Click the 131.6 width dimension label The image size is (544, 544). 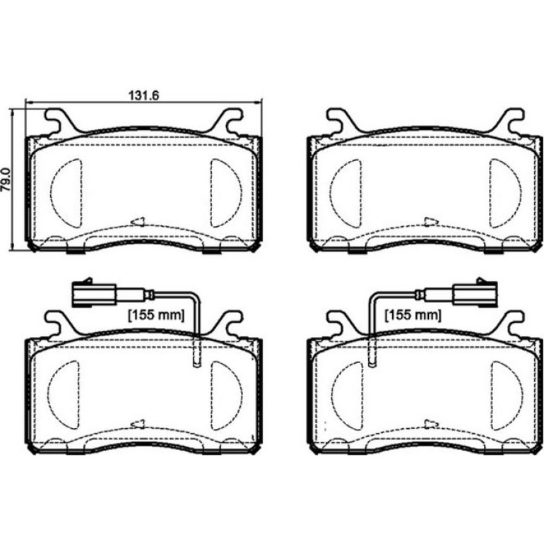coord(143,95)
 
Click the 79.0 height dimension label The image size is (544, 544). coord(5,179)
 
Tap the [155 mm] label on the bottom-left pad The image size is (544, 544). coord(156,315)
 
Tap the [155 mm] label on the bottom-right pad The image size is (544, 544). coord(413,315)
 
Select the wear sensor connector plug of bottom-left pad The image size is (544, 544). coord(95,294)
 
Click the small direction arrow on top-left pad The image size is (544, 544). coord(137,221)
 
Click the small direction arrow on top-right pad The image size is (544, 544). coord(432,221)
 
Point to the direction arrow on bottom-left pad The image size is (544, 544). coord(137,424)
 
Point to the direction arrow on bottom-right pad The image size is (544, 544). coord(432,424)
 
